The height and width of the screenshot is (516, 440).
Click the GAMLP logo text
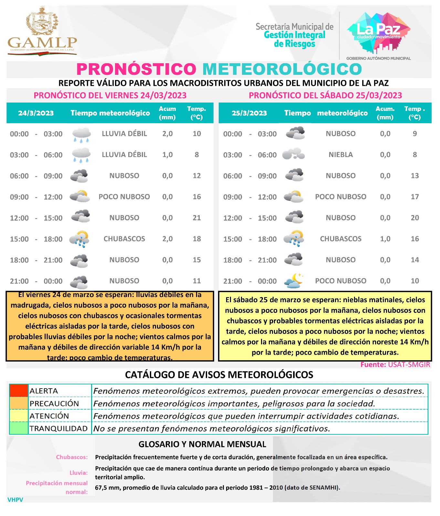point(42,43)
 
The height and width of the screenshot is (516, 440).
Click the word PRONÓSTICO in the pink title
point(136,69)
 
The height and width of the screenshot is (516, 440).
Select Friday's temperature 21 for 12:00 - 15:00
point(197,218)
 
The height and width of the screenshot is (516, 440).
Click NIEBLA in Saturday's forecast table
point(340,155)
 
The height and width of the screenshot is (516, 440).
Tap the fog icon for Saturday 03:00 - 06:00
point(293,154)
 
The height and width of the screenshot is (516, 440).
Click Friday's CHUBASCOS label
point(124,239)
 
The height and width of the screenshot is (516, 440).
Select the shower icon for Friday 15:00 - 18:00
point(79,239)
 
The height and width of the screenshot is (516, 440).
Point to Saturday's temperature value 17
point(415,197)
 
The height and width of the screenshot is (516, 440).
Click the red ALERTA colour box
point(19,391)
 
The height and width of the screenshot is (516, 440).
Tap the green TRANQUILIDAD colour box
point(19,428)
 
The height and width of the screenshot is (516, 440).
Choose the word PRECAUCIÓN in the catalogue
point(54,403)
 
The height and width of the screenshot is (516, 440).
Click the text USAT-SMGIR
point(409,365)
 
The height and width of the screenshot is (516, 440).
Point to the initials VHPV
point(15,500)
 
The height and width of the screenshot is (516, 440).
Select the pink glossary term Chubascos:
point(72,457)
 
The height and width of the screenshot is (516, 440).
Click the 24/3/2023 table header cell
point(36,113)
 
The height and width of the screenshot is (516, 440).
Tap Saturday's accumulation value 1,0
point(385,239)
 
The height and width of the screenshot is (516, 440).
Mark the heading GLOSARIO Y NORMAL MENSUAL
point(202,444)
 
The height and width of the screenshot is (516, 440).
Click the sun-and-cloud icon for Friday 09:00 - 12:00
point(79,196)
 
